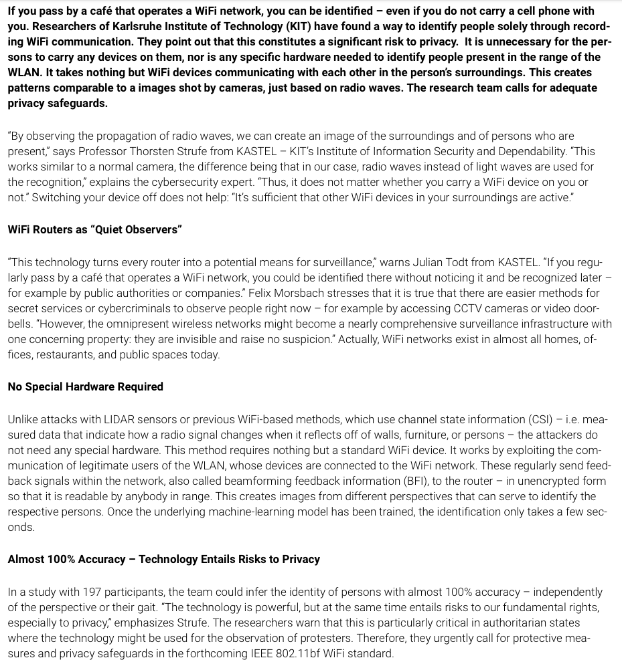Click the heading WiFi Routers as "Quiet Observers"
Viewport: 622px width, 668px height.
(x=95, y=229)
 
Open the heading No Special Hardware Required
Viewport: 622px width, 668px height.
(x=86, y=386)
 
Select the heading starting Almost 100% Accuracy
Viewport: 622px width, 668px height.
(x=164, y=559)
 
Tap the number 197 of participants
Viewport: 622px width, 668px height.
(x=92, y=592)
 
